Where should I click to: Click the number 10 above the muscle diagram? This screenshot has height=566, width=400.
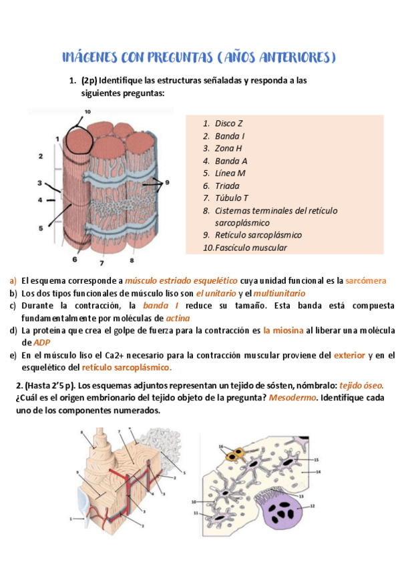point(87,111)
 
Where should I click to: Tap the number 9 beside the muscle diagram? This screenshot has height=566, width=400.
point(168,182)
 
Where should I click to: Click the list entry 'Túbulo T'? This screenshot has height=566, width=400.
point(231,198)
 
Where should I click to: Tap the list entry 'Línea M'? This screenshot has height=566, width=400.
point(230,173)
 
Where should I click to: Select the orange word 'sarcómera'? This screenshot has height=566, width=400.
point(366,281)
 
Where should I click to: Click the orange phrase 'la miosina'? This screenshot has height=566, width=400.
point(283,330)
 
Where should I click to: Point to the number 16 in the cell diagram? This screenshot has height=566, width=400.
point(221,446)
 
